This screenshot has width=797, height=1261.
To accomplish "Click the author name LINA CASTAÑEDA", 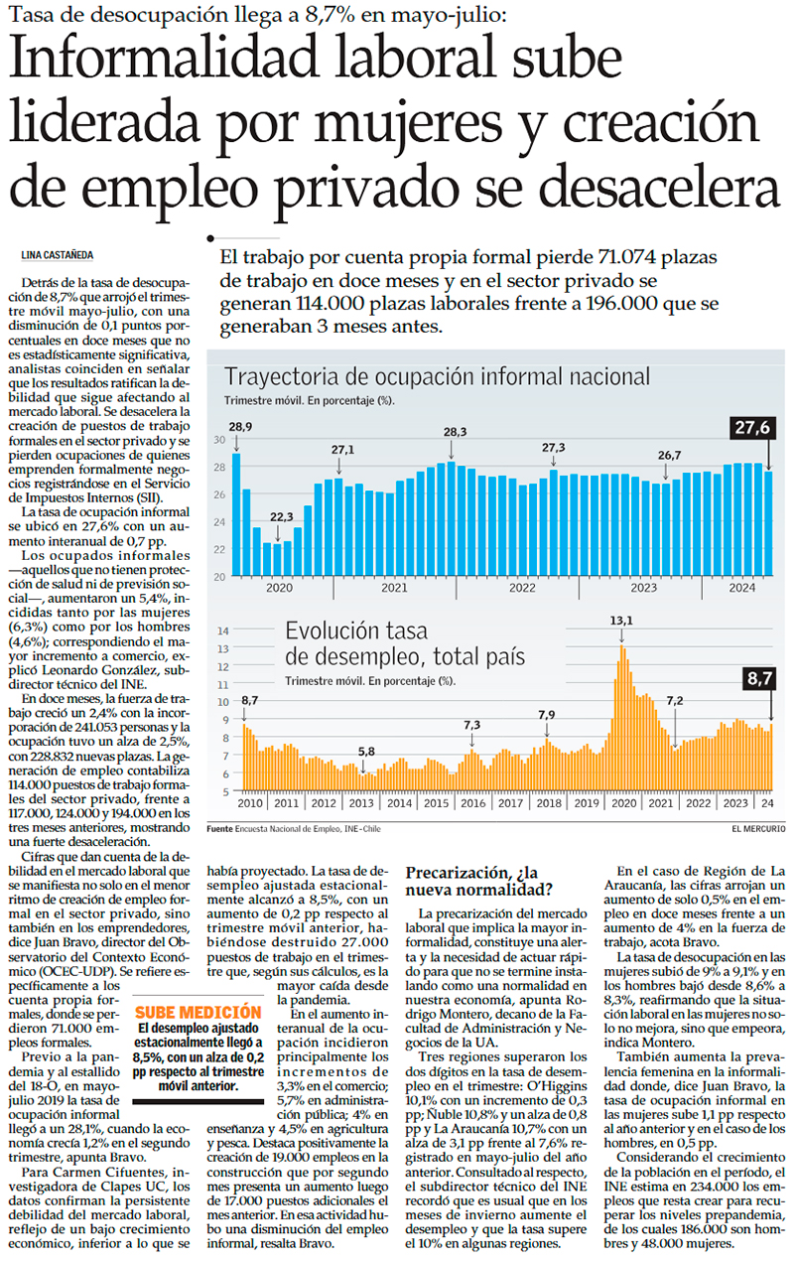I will [58, 254].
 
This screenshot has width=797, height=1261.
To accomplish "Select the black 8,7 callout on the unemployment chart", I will [761, 680].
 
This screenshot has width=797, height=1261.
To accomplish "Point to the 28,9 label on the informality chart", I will [239, 427].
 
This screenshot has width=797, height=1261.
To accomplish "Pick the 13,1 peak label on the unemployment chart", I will [621, 621].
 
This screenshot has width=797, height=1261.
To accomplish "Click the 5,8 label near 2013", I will [366, 751].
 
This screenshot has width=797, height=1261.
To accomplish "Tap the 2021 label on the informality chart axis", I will [394, 588].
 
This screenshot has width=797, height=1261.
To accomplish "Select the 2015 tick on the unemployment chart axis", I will [436, 802].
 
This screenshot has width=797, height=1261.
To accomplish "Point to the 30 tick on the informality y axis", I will [219, 439].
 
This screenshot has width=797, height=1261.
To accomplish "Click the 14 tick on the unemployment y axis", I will [223, 630].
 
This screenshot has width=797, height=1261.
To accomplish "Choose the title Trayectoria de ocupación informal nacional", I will [437, 377].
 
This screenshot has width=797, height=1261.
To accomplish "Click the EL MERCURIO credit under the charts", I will [758, 827].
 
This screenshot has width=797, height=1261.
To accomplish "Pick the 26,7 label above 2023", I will [670, 456].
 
